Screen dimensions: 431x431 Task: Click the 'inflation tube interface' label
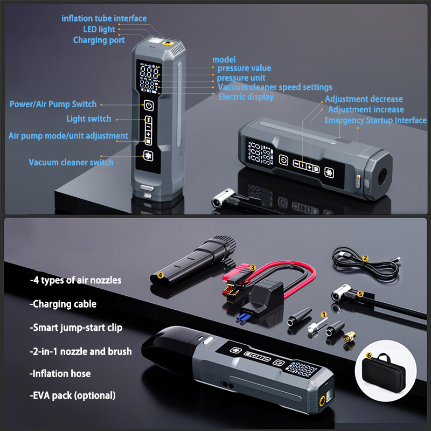pyautogui.click(x=104, y=18)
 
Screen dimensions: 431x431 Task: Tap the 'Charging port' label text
pyautogui.click(x=99, y=40)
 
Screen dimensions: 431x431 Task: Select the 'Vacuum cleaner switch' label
pyautogui.click(x=71, y=162)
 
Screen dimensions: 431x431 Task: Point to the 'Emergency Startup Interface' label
pyautogui.click(x=376, y=120)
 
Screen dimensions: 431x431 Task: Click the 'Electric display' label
pyautogui.click(x=246, y=97)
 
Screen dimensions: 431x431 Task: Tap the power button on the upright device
pyautogui.click(x=149, y=106)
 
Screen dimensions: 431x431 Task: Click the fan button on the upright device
pyautogui.click(x=148, y=156)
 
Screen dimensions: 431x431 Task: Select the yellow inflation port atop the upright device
pyautogui.click(x=167, y=43)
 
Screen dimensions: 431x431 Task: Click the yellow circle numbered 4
pyautogui.click(x=160, y=275)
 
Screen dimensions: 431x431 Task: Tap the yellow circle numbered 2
pyautogui.click(x=365, y=258)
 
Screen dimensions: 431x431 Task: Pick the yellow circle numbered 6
pyautogui.click(x=369, y=356)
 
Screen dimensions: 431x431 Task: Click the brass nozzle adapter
pyautogui.click(x=349, y=336)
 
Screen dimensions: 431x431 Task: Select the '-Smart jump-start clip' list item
pyautogui.click(x=76, y=328)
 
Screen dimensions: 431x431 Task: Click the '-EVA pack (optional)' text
pyautogui.click(x=73, y=395)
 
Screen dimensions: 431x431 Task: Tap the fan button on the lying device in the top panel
pyautogui.click(x=329, y=172)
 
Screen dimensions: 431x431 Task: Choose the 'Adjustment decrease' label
pyautogui.click(x=364, y=99)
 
